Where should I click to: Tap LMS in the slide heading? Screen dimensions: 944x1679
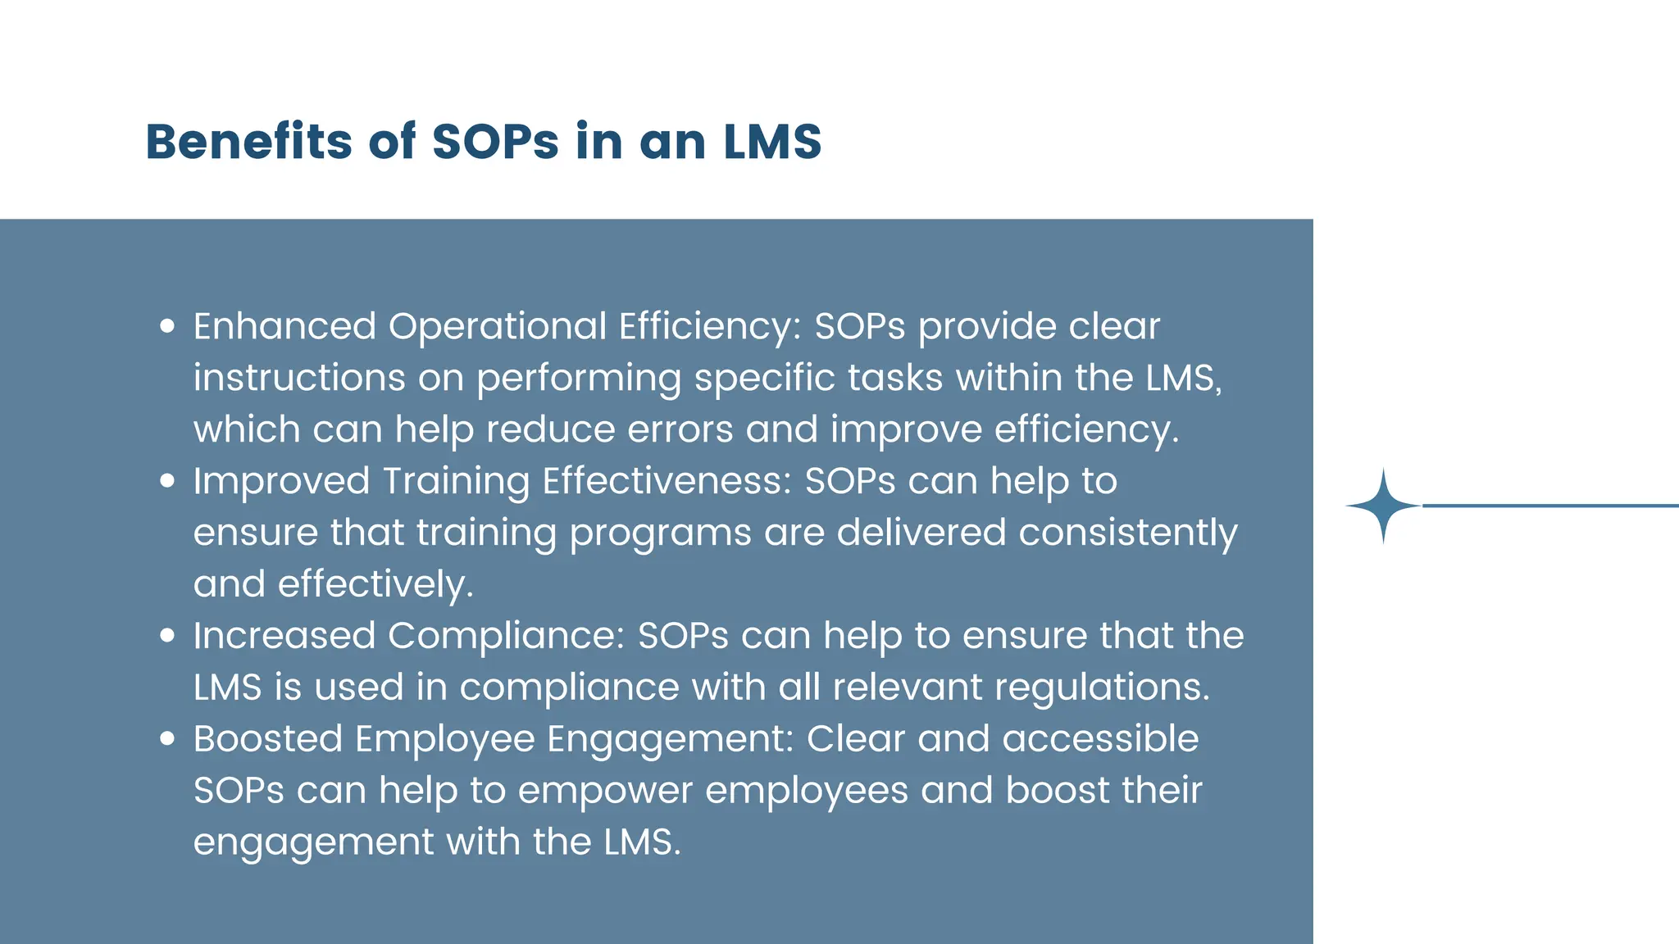(x=772, y=141)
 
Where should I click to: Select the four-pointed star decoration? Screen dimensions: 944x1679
(x=1383, y=506)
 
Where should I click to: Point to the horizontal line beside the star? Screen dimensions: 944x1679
(x=1549, y=506)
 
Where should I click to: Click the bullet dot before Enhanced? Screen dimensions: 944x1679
(x=168, y=326)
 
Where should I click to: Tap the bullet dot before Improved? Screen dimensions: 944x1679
(x=168, y=481)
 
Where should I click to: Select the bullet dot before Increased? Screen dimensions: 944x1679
(x=168, y=635)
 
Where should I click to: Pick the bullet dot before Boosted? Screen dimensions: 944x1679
(x=168, y=738)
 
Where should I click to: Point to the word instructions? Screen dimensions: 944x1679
(x=299, y=378)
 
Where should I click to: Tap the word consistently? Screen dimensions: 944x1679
(x=1127, y=533)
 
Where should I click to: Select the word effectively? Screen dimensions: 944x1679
(x=375, y=584)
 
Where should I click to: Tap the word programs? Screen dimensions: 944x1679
(x=660, y=533)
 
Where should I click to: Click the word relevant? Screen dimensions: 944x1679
(x=907, y=687)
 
